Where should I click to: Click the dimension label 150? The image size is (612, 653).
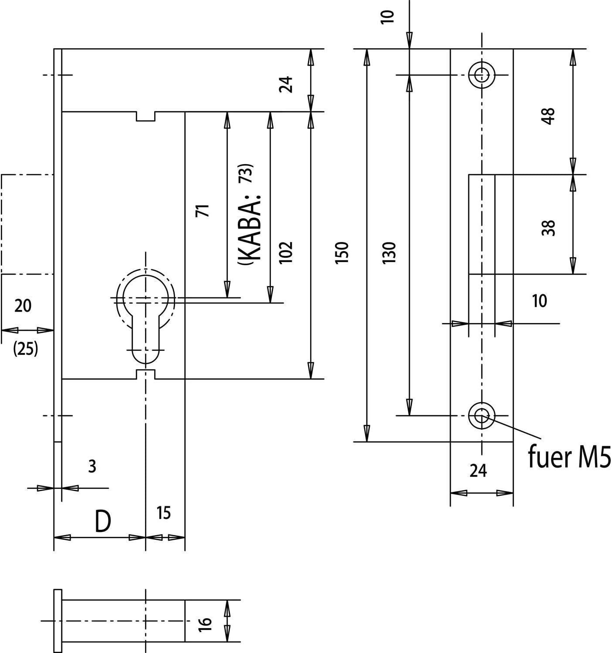click(342, 252)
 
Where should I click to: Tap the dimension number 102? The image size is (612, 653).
click(286, 252)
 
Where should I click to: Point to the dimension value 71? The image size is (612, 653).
click(203, 210)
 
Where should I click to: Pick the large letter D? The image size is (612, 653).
click(103, 522)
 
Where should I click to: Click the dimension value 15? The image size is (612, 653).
click(163, 513)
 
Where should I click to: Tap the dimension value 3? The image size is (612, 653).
click(92, 466)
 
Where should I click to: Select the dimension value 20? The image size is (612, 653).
click(23, 306)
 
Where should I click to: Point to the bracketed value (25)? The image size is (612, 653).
click(25, 349)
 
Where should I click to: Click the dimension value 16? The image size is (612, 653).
click(205, 624)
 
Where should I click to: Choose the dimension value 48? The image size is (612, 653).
click(548, 116)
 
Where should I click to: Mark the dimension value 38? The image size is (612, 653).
click(548, 228)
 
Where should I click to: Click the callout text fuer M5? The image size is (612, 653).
click(569, 457)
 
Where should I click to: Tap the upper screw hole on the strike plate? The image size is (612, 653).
click(482, 75)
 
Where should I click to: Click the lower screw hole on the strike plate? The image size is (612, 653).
click(482, 416)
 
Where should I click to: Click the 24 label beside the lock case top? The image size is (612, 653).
click(286, 84)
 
